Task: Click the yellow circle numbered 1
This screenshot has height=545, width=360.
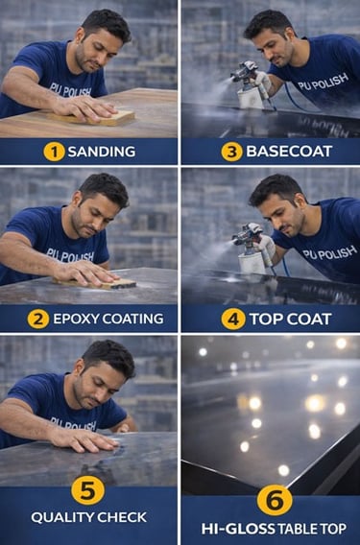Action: point(54,152)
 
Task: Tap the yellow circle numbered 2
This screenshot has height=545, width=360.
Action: point(37,320)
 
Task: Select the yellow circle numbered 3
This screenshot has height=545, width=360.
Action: point(231,152)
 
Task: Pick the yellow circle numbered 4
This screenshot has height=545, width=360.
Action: point(233,320)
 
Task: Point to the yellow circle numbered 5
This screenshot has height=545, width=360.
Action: point(87,490)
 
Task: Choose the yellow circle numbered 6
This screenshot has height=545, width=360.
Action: point(275,500)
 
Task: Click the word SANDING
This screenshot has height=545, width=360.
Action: point(102,152)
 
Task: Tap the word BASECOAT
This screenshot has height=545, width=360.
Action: point(289,152)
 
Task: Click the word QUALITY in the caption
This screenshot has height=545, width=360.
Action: point(61,517)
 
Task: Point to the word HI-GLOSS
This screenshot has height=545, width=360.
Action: point(238,529)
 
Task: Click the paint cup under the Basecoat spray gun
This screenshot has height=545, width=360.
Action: point(251,99)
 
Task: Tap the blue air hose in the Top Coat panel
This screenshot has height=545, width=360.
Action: point(285,267)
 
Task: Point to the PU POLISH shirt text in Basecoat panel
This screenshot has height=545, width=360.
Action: point(323,82)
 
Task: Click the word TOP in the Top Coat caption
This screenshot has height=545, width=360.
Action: point(265,320)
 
